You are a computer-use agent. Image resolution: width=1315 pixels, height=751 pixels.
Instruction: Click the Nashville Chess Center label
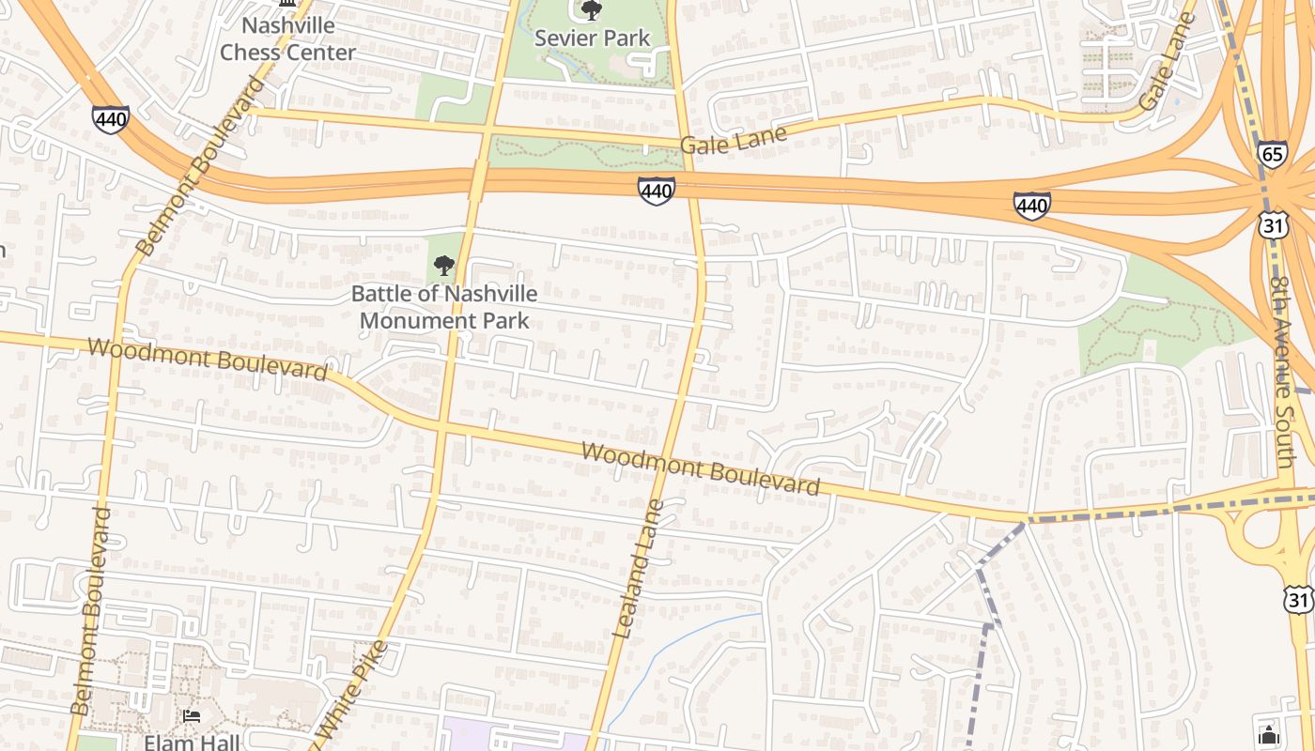tap(287, 38)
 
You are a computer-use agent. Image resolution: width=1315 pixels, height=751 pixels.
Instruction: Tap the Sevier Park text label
tap(592, 38)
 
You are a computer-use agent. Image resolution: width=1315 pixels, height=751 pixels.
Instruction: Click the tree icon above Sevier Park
tap(592, 10)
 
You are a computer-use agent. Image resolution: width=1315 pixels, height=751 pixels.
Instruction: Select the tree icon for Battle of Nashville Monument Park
tap(444, 266)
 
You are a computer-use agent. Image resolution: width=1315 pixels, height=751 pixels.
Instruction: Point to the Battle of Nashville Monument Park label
tap(444, 307)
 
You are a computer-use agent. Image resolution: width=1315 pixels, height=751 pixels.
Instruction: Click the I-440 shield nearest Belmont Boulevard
tap(110, 119)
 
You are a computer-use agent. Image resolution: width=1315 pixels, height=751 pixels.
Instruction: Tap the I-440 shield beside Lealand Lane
tap(656, 192)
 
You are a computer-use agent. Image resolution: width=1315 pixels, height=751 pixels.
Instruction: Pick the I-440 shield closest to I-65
tap(1031, 206)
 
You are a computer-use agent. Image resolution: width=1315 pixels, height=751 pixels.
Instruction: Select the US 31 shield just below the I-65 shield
tap(1274, 224)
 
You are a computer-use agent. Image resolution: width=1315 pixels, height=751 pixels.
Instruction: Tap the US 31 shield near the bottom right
tap(1299, 601)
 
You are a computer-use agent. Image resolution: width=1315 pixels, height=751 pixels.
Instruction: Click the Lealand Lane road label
tap(639, 570)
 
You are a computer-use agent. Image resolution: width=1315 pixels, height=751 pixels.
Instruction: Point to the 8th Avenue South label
tap(1285, 371)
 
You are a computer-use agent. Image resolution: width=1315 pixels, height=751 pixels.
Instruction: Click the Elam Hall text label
tap(192, 742)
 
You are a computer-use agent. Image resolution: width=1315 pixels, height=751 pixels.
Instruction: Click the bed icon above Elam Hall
tap(193, 717)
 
